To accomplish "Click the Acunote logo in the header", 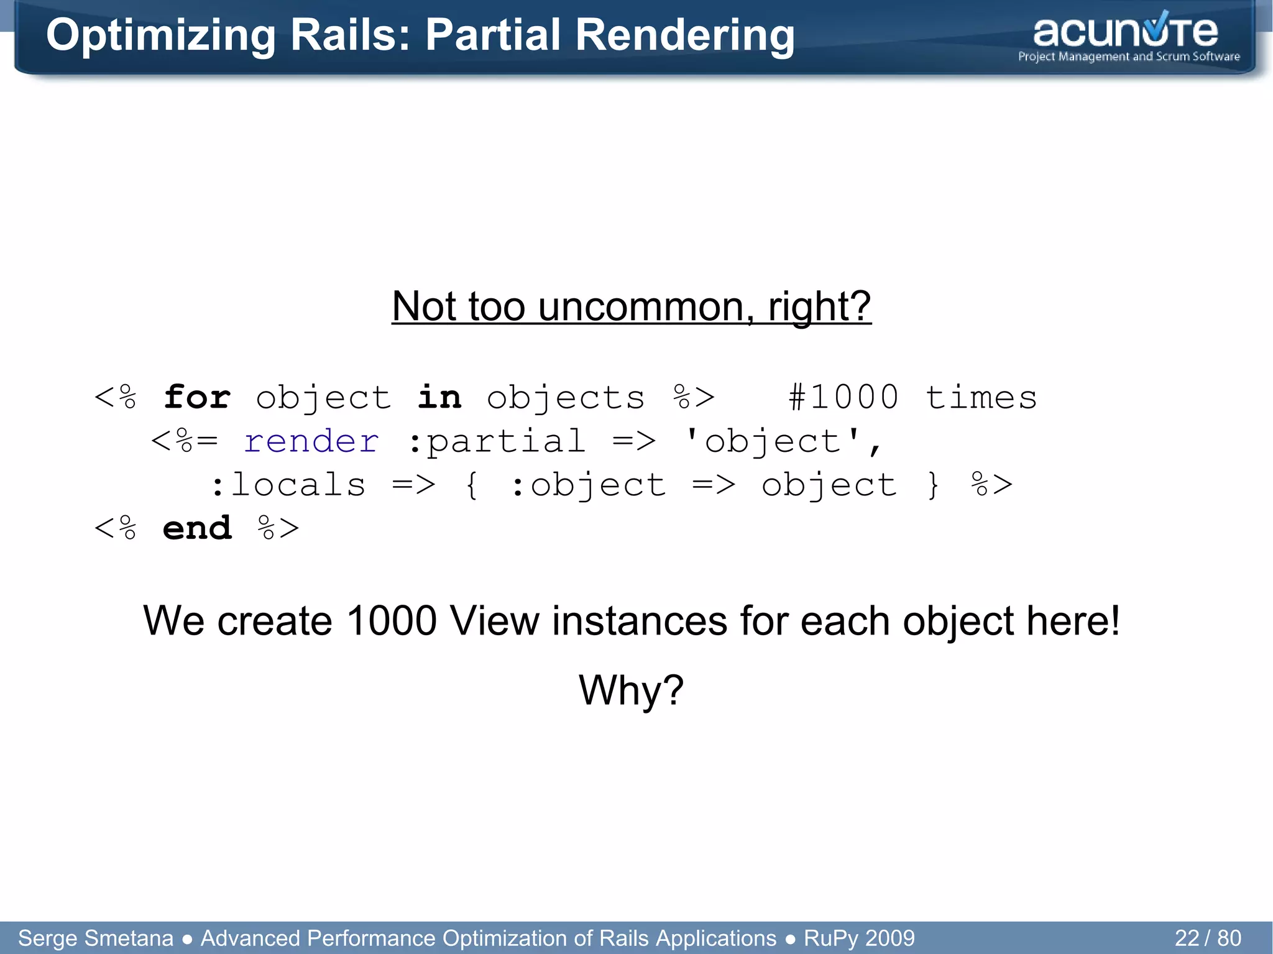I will [x=1128, y=37].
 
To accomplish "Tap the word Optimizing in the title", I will [x=160, y=36].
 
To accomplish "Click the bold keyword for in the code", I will [x=197, y=397].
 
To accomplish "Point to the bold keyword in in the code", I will [x=439, y=397].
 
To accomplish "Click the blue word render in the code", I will [x=311, y=441].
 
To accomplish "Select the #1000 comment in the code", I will [x=843, y=397].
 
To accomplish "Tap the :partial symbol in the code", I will [x=497, y=441].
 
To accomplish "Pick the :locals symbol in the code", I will [x=288, y=485].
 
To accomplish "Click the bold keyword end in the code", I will [x=197, y=528].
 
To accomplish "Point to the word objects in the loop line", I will [x=566, y=398].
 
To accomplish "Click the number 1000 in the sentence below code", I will [x=392, y=621].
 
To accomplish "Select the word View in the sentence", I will [x=494, y=621].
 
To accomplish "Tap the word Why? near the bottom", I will [x=631, y=690].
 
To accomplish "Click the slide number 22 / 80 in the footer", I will [x=1207, y=938].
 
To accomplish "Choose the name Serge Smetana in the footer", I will [x=96, y=938].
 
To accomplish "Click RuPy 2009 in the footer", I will [x=859, y=938].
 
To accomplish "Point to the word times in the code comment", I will [x=981, y=397].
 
